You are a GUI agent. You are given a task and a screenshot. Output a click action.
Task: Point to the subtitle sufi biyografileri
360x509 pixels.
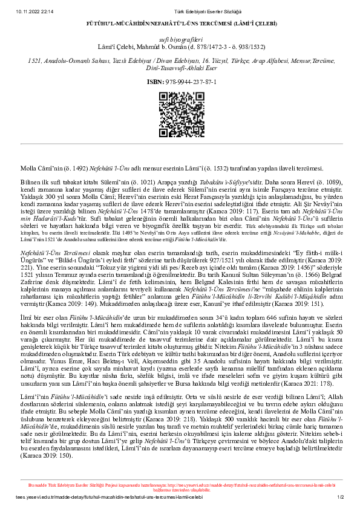pos(180,38)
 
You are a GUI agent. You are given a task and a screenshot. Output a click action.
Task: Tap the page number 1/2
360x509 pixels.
pos(341,497)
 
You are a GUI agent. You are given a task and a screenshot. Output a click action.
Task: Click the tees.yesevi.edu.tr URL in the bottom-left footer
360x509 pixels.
pos(73,497)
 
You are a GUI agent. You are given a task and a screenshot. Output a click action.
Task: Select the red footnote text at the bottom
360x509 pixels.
pos(180,486)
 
